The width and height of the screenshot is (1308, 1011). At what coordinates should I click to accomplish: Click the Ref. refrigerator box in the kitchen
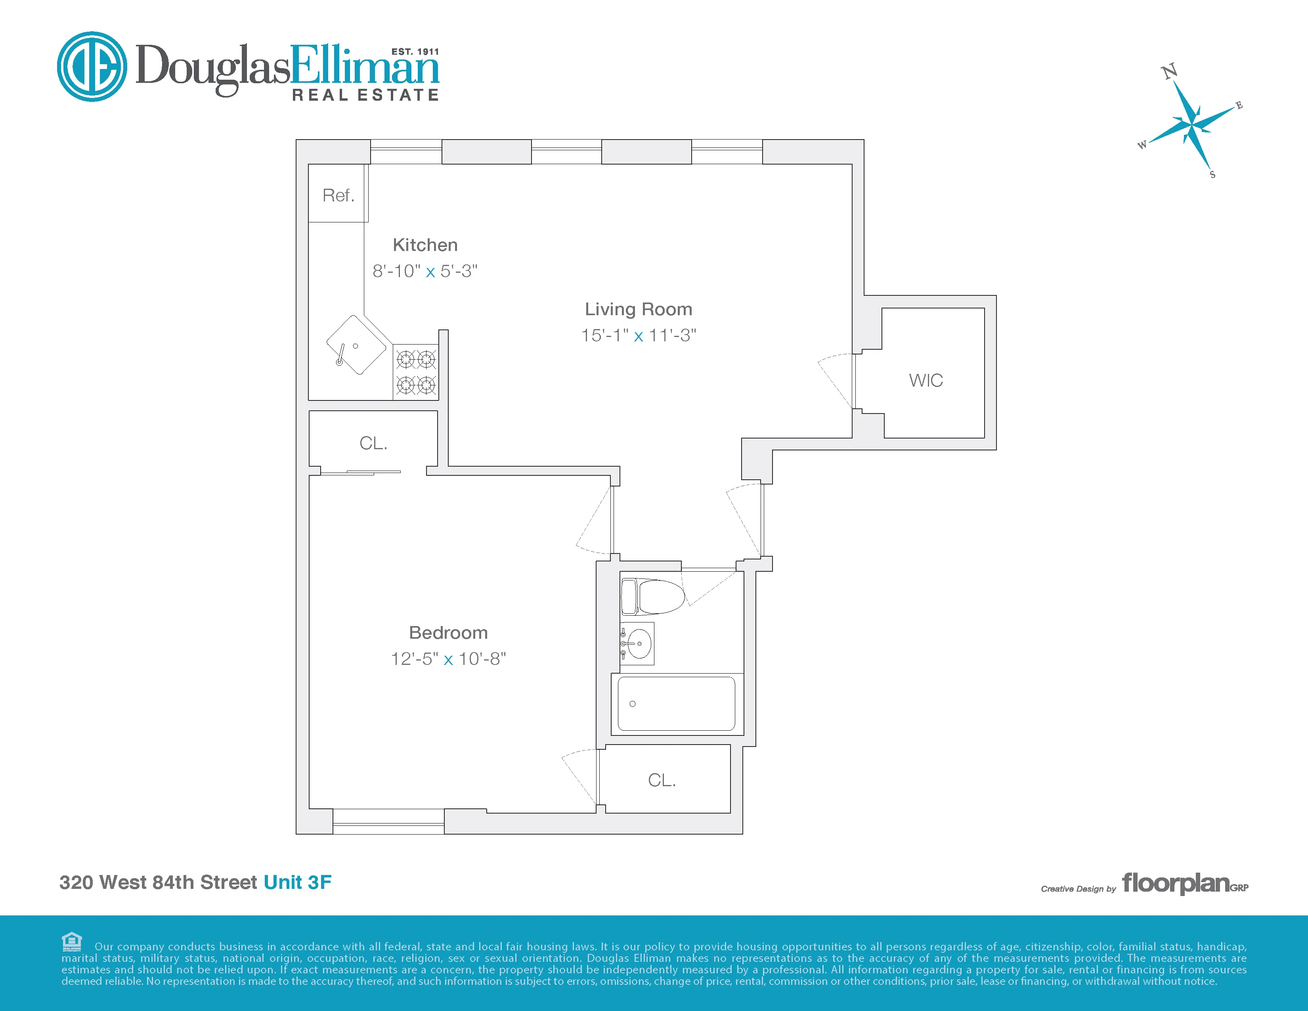point(338,194)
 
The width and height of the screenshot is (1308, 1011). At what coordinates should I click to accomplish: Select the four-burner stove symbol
point(416,372)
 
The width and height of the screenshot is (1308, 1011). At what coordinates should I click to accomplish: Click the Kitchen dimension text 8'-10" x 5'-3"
point(425,271)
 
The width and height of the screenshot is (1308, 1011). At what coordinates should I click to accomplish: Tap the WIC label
point(925,380)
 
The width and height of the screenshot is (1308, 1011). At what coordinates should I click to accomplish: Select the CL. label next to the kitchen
point(373,443)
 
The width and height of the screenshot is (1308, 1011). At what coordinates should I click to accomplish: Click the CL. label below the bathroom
point(662,780)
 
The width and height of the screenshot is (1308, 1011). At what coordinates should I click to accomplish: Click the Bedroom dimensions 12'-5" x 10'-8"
point(448,659)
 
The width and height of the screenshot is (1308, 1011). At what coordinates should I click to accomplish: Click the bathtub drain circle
point(633,704)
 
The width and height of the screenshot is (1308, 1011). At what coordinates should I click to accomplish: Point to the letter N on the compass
point(1169,72)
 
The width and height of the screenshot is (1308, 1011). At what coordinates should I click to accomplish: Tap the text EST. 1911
point(415,52)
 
